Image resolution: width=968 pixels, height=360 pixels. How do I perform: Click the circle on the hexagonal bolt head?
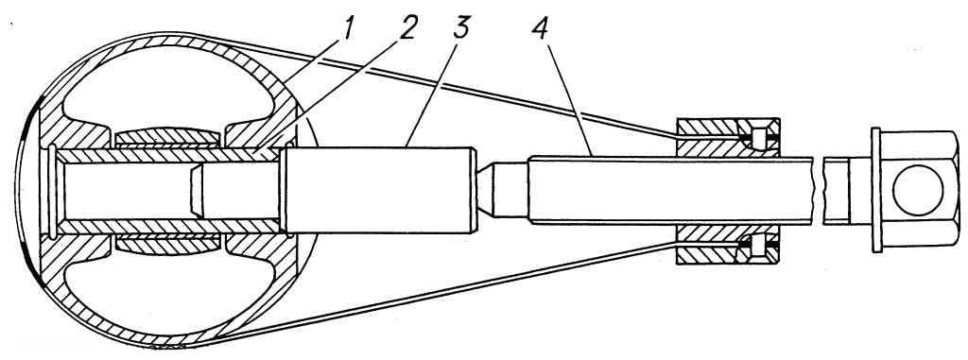coord(918,190)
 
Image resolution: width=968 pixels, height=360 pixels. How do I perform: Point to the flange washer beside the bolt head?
coord(875,190)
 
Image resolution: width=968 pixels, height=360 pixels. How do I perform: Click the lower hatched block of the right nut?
coord(728,244)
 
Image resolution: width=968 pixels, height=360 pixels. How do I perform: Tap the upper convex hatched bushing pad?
coord(166,138)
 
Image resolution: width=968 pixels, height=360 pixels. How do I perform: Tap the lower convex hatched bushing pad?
coord(166,243)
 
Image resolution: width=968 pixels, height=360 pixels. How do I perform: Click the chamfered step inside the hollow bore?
coord(197,190)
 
